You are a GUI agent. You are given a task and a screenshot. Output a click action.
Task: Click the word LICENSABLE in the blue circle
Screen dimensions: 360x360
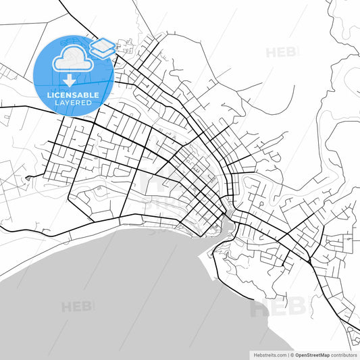[x=73, y=95]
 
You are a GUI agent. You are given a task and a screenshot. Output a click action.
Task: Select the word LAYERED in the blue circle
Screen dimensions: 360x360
[x=73, y=103]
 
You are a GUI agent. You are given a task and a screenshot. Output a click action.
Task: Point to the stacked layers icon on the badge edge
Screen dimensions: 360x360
[x=102, y=48]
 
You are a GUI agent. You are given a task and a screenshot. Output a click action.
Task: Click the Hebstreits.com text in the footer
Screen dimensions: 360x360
[x=269, y=355]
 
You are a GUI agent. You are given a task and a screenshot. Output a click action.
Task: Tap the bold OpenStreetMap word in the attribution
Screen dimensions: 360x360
[x=311, y=355]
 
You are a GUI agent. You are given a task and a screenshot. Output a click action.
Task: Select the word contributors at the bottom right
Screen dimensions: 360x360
[x=344, y=355]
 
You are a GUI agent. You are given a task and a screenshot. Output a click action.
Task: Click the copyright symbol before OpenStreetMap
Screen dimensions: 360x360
[x=291, y=355]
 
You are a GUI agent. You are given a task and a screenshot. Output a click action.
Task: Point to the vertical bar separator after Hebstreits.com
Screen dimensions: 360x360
[x=287, y=355]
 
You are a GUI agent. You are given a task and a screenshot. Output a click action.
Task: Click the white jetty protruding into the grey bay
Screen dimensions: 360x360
[x=201, y=255]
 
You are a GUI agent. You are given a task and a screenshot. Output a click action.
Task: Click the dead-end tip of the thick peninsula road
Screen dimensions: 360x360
[x=255, y=298]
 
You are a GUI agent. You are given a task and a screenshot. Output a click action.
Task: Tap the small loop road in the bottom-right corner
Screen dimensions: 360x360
[x=352, y=332]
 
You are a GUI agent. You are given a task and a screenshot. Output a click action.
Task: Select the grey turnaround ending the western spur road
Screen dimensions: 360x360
[x=28, y=178]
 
